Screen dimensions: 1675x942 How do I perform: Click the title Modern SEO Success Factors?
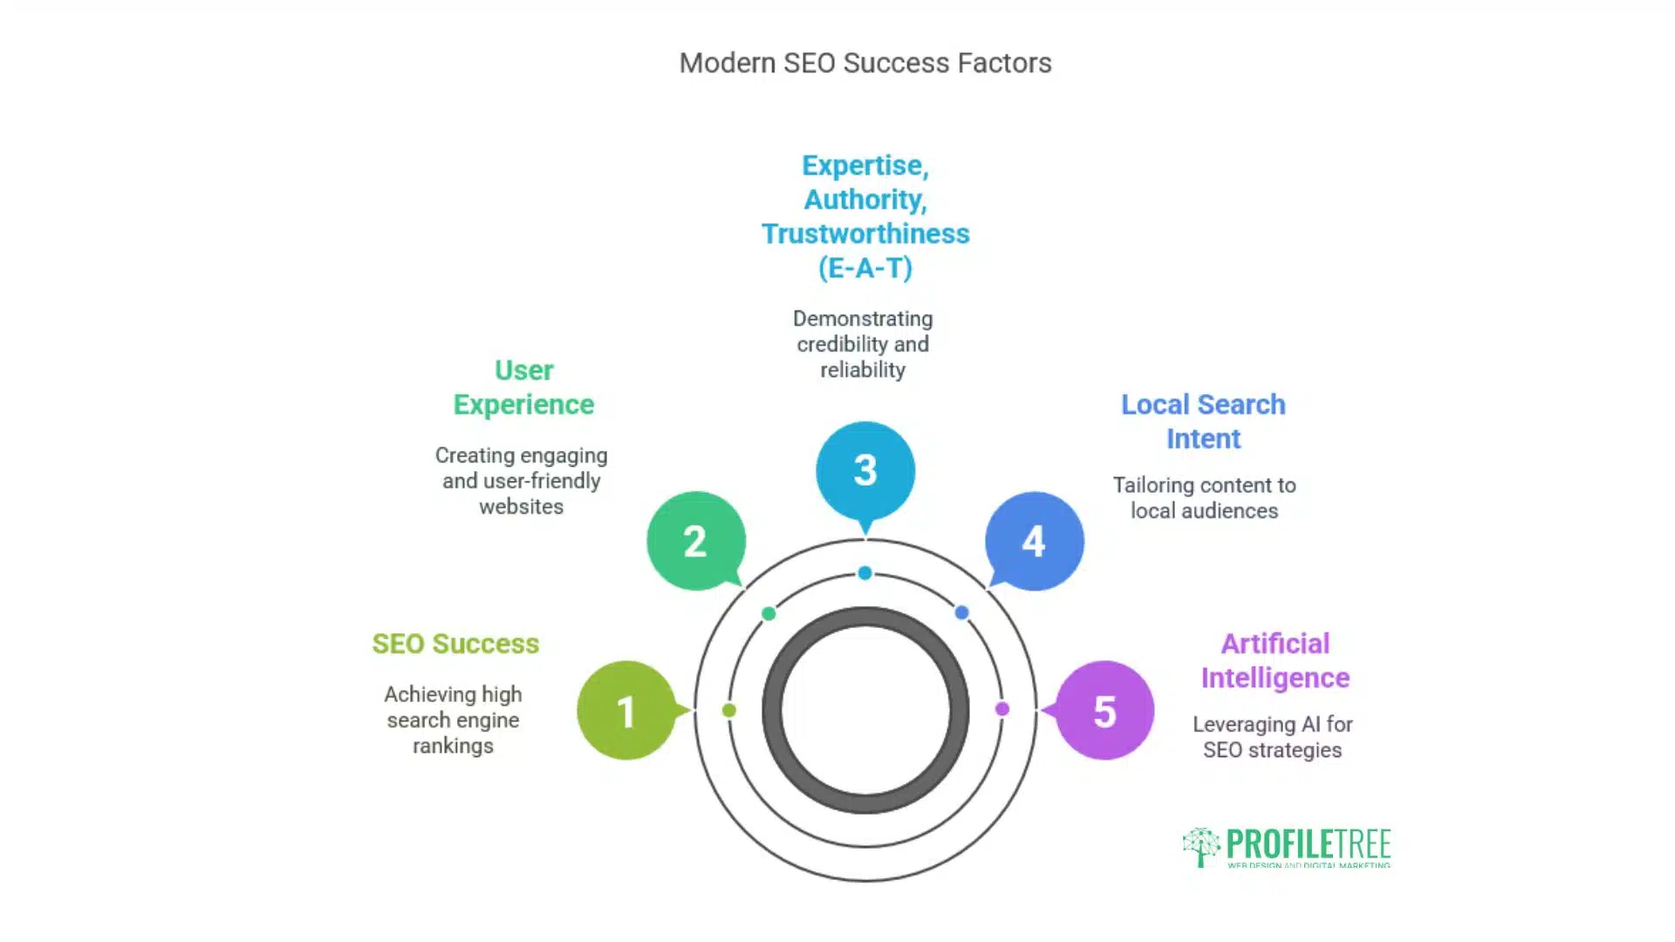tap(865, 63)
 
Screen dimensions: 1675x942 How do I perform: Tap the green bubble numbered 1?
tap(626, 710)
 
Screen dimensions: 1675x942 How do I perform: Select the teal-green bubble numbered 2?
tap(696, 541)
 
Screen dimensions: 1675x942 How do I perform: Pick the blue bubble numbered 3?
tap(865, 472)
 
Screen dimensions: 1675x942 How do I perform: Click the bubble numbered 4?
tap(1035, 541)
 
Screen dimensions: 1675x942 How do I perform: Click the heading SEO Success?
tap(455, 644)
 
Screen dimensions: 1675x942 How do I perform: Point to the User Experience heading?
tap(523, 387)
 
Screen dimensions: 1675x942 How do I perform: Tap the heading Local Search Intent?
tap(1203, 421)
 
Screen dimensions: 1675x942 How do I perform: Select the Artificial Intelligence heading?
tap(1275, 660)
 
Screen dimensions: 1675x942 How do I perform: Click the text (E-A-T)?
tap(865, 268)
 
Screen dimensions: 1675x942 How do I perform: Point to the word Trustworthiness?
tap(865, 234)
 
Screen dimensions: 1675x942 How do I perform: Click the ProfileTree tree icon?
tap(1201, 846)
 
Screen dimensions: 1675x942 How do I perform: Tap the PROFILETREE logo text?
tap(1309, 843)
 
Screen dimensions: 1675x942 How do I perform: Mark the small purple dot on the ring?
tap(1002, 709)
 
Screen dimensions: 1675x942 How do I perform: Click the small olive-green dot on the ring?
tap(729, 710)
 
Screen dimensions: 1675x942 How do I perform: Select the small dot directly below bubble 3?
tap(865, 573)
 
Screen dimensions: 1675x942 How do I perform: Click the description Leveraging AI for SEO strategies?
tap(1273, 737)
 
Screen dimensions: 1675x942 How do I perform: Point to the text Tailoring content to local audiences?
tap(1205, 498)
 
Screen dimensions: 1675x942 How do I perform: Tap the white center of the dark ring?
tap(865, 710)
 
